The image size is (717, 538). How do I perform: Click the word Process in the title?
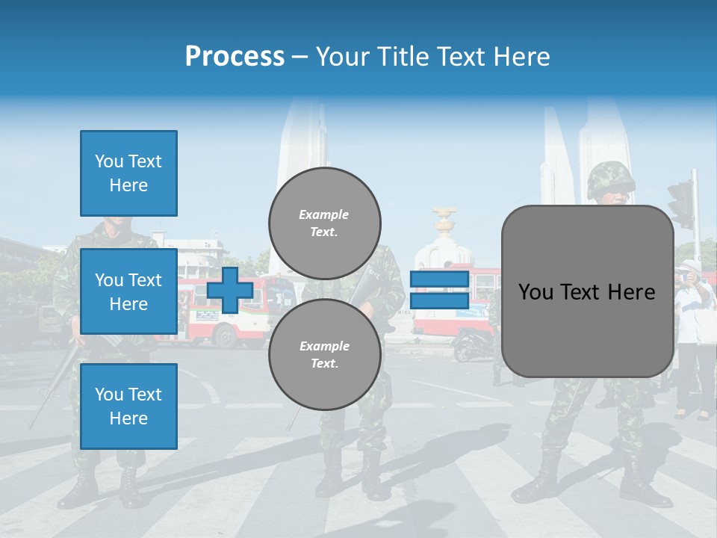(235, 56)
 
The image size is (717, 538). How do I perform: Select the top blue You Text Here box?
(128, 173)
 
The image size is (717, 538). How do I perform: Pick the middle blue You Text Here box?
(128, 291)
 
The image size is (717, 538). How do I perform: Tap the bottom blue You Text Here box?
(128, 406)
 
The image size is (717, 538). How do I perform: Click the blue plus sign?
(230, 290)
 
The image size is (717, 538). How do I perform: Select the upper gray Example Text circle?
(325, 223)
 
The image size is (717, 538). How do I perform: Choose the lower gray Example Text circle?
(325, 355)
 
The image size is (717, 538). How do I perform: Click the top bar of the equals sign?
(439, 279)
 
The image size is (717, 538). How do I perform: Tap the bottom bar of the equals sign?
(439, 300)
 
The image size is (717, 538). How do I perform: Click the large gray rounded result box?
(587, 329)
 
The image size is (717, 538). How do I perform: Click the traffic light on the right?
(682, 204)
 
